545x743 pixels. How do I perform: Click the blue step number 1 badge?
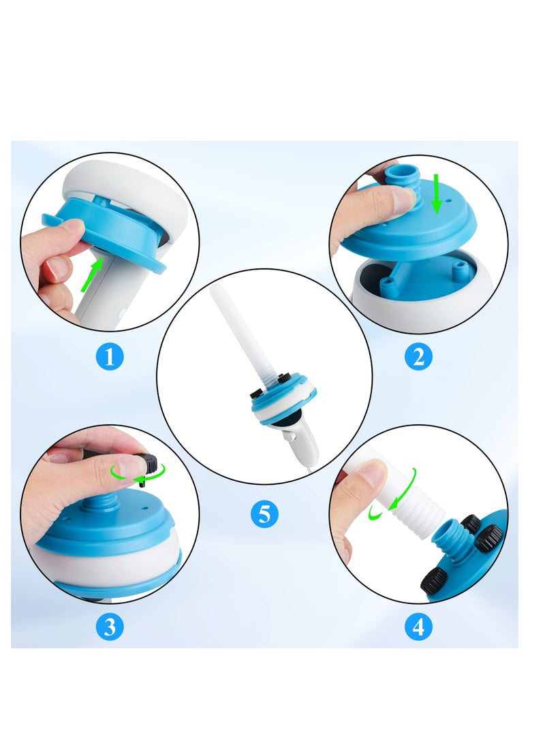110,357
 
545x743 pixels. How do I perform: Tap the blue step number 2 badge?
418,357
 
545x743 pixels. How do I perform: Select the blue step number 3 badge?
110,627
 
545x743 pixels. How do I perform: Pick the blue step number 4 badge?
418,627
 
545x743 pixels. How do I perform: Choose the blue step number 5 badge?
264,513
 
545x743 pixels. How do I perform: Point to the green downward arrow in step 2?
437,193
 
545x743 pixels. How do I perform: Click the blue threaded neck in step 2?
402,183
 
